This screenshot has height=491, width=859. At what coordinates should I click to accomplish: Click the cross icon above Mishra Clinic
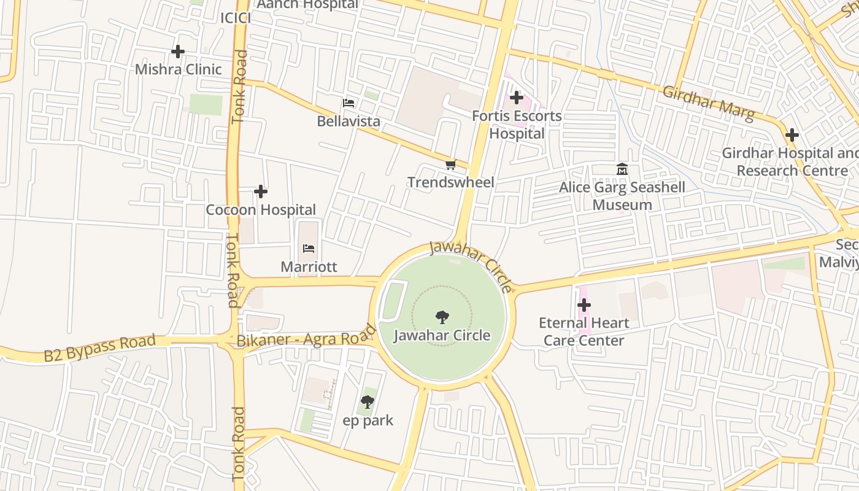tap(178, 52)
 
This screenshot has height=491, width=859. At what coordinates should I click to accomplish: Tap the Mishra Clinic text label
tap(178, 69)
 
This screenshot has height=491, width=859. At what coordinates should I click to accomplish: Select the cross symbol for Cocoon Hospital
tap(261, 191)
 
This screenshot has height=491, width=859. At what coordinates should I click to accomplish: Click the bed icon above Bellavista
tap(349, 103)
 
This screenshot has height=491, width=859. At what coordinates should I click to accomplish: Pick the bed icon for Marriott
tap(309, 249)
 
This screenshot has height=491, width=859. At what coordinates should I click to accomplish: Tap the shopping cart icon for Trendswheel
tap(451, 164)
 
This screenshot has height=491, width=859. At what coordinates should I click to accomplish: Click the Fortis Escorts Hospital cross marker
tap(517, 98)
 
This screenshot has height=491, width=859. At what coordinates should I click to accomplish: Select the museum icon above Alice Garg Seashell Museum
tap(622, 169)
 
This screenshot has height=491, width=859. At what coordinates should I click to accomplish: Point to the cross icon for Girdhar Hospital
tap(792, 135)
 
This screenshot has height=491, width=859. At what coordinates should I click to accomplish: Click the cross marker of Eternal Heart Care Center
tap(584, 304)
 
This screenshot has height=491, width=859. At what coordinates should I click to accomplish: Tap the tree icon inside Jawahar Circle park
tap(442, 317)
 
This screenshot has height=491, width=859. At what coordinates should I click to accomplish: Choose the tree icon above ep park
tap(368, 403)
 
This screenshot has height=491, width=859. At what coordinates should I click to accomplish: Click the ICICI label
tap(236, 18)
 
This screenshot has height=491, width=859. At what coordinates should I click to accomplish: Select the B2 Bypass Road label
tap(99, 348)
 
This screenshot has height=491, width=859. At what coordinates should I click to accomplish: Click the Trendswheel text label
tap(451, 182)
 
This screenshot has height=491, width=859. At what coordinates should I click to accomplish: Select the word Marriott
tap(309, 267)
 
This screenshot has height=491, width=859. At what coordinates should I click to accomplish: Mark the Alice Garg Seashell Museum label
tap(622, 196)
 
